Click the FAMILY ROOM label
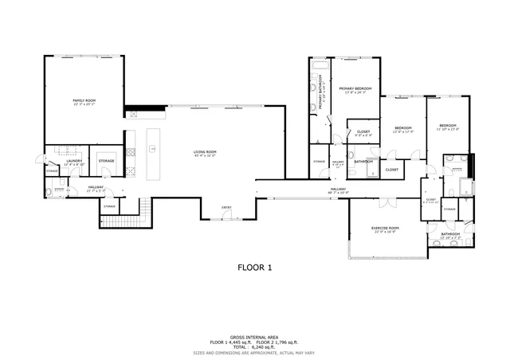(84, 100)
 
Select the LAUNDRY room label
(74, 161)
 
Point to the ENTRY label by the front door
(226, 208)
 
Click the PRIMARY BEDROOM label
(356, 88)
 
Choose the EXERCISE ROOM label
(385, 229)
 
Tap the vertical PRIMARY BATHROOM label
(322, 95)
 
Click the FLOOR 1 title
(255, 268)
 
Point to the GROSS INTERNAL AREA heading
(254, 337)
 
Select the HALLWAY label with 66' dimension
(338, 189)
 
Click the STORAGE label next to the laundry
(107, 161)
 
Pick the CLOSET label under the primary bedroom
(363, 131)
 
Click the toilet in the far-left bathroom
(49, 191)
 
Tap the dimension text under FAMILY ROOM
(84, 104)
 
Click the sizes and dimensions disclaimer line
(254, 351)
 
